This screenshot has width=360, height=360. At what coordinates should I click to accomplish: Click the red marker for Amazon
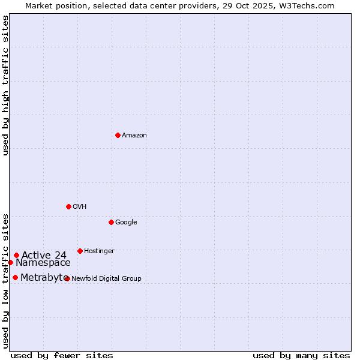pos(118,135)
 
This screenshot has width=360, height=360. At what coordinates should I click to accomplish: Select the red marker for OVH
pos(68,206)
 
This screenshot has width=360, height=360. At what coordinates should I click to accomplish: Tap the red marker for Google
pos(111,222)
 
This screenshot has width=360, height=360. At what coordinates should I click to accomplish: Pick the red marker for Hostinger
pos(80,251)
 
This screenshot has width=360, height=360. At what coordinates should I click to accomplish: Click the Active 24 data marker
pos(17,255)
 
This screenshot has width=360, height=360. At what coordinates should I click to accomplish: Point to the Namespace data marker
pos(10,262)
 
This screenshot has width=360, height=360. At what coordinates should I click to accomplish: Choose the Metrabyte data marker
pos(15,277)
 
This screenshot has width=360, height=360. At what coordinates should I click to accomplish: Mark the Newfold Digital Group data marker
pos(67,278)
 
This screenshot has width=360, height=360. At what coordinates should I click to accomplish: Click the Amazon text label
pos(134,136)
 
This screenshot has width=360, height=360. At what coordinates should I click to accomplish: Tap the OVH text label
pos(80,207)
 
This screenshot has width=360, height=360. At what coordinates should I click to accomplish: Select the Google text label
pos(126,223)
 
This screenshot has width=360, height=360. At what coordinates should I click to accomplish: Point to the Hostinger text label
pos(99,251)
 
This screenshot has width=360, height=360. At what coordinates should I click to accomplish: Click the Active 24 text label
pos(44,255)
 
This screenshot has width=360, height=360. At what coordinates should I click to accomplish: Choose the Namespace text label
pos(43,263)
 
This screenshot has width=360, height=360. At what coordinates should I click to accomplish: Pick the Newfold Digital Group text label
pos(106,279)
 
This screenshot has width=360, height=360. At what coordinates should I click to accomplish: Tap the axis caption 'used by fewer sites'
pos(62,355)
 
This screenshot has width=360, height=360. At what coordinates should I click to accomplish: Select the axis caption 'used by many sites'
pos(301,355)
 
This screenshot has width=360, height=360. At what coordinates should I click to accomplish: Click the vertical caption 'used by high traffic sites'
pos(5,85)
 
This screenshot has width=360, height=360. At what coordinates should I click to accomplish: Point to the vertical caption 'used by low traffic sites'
pos(5,280)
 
